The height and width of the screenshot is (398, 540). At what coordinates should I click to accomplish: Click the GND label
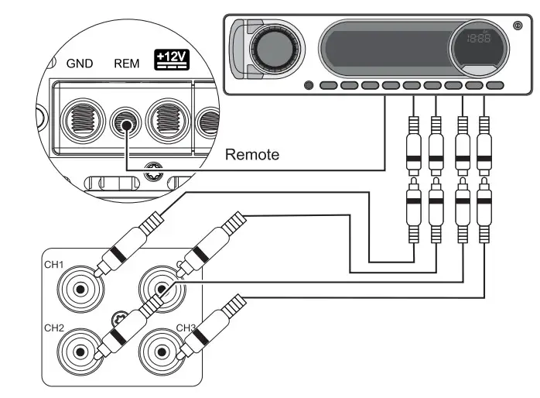[80, 63]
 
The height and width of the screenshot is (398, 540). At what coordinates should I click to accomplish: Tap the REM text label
[126, 63]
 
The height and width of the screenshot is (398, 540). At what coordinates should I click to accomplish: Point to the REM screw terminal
[125, 122]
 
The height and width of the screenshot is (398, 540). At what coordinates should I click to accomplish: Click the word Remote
[251, 155]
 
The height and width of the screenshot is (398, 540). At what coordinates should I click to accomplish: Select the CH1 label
[55, 265]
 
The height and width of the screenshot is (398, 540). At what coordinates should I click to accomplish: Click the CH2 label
[54, 328]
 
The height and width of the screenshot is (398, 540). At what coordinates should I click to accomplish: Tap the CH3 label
[186, 327]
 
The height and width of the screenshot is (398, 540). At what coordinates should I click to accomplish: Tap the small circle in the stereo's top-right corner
[518, 26]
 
